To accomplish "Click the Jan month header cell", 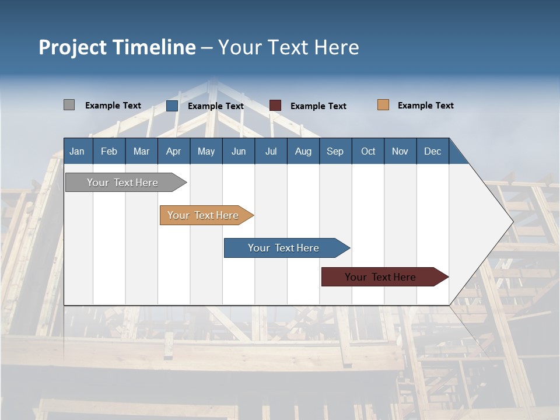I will pos(78,151).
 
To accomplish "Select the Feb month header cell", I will pos(109,151).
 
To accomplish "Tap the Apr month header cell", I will pos(174,151).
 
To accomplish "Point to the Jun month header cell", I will pos(239,151).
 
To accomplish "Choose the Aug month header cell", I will pos(303,151).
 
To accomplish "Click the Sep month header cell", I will pos(335,151).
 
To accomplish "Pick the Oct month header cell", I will pos(368,151).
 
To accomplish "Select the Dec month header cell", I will pos(433,151).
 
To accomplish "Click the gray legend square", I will pos(69,105).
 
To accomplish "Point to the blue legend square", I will pos(172,106).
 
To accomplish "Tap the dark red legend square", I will pos(275,106).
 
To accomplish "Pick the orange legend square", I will pos(383,105).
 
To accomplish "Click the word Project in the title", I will pos(72,47).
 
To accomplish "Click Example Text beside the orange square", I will pos(425,106).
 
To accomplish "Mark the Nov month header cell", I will pos(400,151).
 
